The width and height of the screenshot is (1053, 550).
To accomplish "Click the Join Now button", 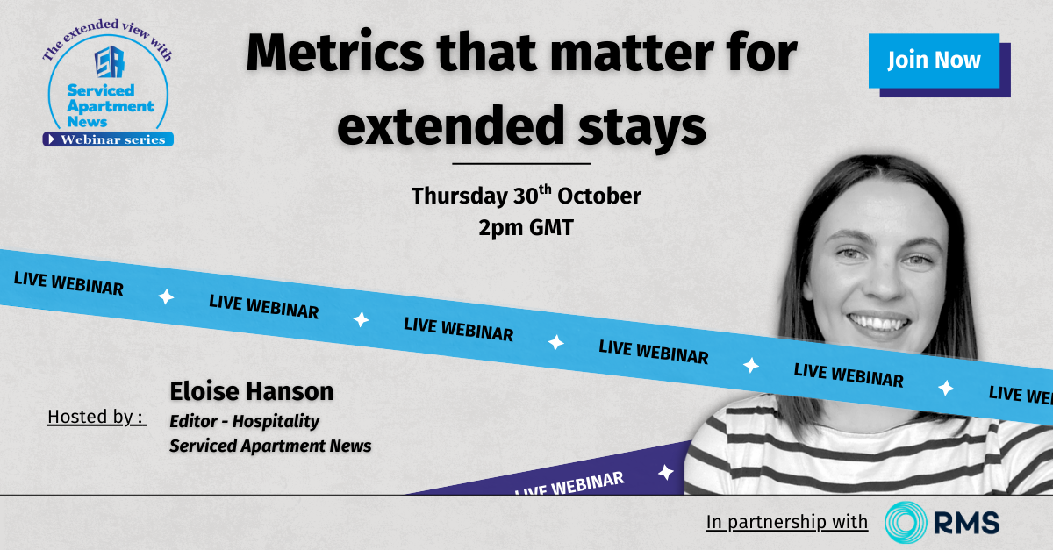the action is pyautogui.click(x=934, y=61).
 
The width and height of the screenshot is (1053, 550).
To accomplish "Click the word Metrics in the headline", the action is pyautogui.click(x=335, y=52).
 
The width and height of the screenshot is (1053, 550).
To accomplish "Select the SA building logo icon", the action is pyautogui.click(x=110, y=61).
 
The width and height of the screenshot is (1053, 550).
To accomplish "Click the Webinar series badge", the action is pyautogui.click(x=108, y=139).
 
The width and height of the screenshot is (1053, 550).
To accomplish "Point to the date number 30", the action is pyautogui.click(x=525, y=196).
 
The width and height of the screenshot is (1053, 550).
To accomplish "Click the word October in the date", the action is pyautogui.click(x=598, y=196).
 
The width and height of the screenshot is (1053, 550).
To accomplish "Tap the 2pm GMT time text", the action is pyautogui.click(x=526, y=227).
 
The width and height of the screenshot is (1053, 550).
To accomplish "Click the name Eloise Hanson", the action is pyautogui.click(x=252, y=391).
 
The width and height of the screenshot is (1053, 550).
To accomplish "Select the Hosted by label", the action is pyautogui.click(x=97, y=417).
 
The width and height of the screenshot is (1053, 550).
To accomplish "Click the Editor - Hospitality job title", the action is pyautogui.click(x=245, y=421).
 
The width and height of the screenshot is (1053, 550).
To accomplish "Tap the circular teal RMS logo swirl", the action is pyautogui.click(x=906, y=522).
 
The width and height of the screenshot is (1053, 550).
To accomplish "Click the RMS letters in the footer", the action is pyautogui.click(x=966, y=523).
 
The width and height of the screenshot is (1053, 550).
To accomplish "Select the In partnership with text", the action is pyautogui.click(x=787, y=522).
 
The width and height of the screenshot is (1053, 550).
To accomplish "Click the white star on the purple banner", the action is pyautogui.click(x=666, y=473).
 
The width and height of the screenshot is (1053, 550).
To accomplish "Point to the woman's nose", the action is pyautogui.click(x=883, y=283).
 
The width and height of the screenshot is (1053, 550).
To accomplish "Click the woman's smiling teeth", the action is pyautogui.click(x=878, y=323).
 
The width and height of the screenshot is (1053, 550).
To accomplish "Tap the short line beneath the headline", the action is pyautogui.click(x=521, y=163).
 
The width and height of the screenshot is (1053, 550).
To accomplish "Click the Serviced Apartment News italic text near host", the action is pyautogui.click(x=270, y=446).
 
